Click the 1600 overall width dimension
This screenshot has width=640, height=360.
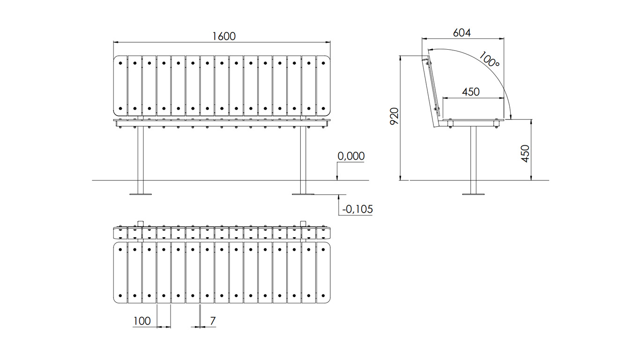click(x=223, y=36)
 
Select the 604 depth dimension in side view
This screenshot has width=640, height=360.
click(x=461, y=33)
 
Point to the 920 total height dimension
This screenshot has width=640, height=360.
click(x=394, y=116)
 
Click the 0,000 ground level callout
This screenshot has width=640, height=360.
click(x=351, y=156)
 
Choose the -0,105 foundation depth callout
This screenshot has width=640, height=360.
click(x=357, y=209)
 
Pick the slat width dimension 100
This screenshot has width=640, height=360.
click(x=142, y=321)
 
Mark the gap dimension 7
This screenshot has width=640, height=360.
click(x=212, y=321)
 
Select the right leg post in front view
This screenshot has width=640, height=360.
click(x=303, y=157)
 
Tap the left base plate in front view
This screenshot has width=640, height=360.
click(x=140, y=194)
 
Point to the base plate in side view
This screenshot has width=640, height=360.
click(x=473, y=194)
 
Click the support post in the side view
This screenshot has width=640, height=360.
click(x=473, y=157)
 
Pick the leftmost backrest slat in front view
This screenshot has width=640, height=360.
click(x=120, y=86)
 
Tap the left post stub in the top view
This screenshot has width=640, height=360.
click(x=140, y=223)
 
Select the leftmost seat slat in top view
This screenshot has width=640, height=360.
click(x=120, y=272)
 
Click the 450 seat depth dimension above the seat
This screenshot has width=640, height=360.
click(x=470, y=92)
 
